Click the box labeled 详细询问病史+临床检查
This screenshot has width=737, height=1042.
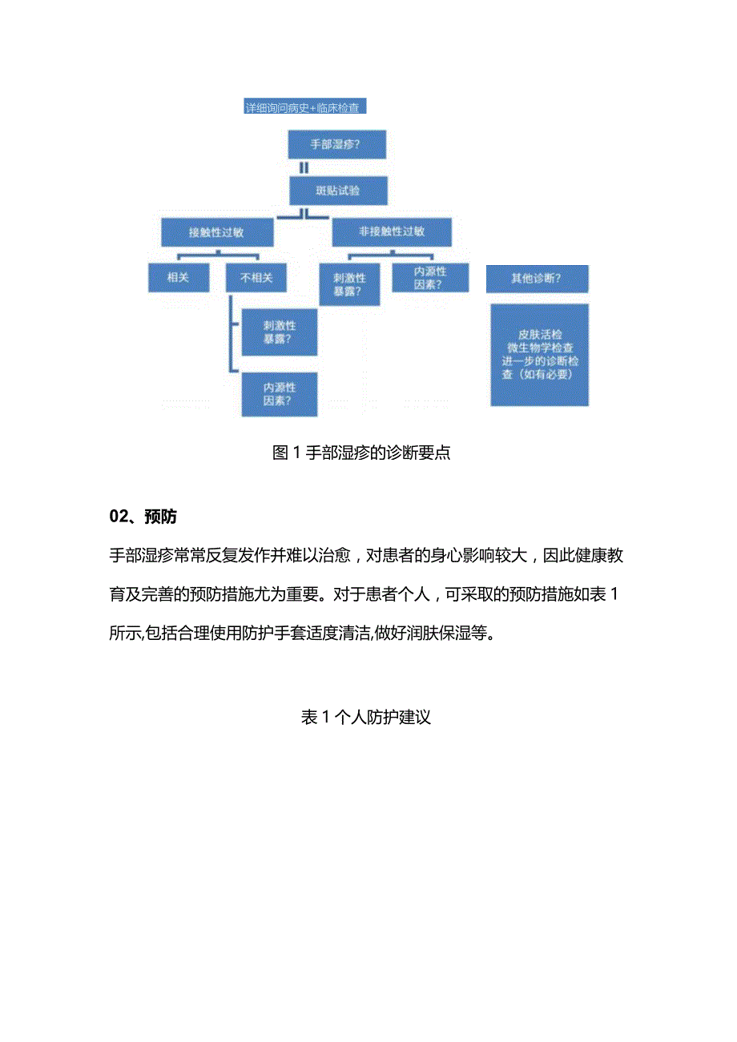[x=304, y=107]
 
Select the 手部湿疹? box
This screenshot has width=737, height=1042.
[x=336, y=146]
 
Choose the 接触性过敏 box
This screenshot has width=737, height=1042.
[x=216, y=233]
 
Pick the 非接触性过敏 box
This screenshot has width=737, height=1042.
[x=392, y=232]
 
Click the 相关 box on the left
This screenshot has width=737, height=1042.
[x=177, y=278]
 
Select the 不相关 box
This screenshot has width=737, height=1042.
[x=256, y=278]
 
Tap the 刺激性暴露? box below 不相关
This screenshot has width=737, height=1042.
[x=280, y=332]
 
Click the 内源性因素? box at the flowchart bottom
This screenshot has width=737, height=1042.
[x=280, y=394]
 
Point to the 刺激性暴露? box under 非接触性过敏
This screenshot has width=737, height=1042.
[x=349, y=284]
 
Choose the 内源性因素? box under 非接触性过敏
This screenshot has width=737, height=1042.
[x=430, y=277]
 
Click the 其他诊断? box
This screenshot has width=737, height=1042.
[x=537, y=279]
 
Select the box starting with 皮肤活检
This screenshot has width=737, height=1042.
[x=539, y=354]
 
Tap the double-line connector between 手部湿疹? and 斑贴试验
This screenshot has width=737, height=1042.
[x=304, y=168]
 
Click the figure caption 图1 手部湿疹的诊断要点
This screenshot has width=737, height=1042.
[x=361, y=453]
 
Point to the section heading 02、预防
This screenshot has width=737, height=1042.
[x=143, y=517]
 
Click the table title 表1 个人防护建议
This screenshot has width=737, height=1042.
[x=366, y=718]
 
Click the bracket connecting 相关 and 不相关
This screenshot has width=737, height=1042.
[x=217, y=257]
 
